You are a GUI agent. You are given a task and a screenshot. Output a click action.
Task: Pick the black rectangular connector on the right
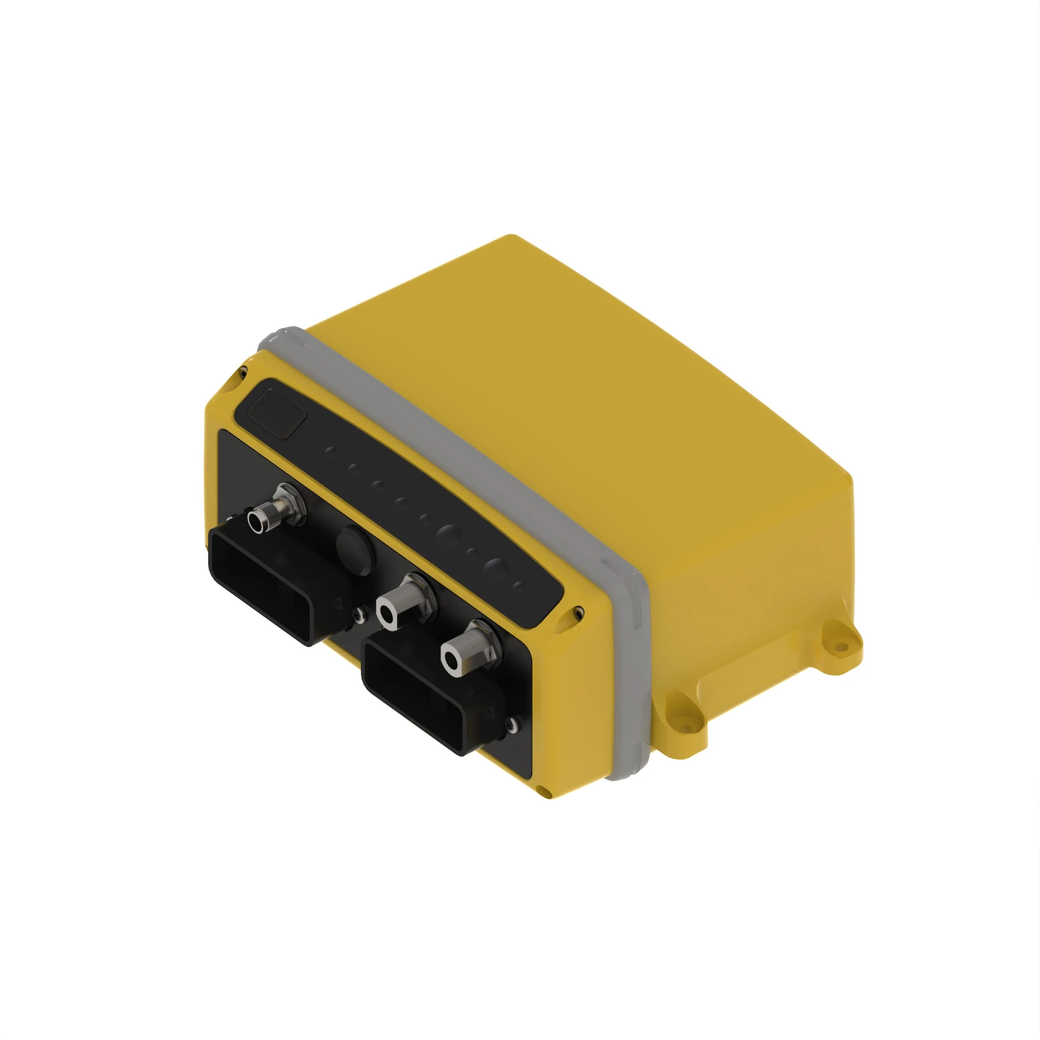click(x=425, y=694)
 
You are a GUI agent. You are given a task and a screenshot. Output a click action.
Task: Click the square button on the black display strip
click(x=277, y=413)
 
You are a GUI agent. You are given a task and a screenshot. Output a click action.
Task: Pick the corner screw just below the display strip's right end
click(x=578, y=612)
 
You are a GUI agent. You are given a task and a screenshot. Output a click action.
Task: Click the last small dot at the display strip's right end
click(x=518, y=587)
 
